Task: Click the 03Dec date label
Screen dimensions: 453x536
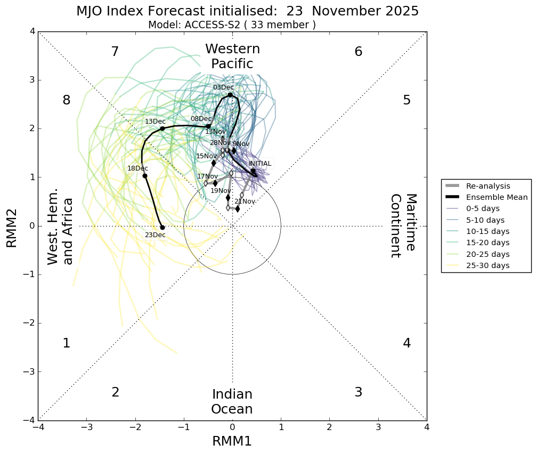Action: (x=223, y=87)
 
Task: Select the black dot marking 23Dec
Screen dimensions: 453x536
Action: (x=163, y=228)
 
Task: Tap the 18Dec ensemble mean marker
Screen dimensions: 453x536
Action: (x=145, y=176)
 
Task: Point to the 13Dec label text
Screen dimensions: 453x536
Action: (x=155, y=122)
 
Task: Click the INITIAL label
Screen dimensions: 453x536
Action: (x=260, y=164)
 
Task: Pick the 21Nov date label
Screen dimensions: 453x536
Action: (x=245, y=201)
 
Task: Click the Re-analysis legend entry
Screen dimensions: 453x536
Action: (x=488, y=186)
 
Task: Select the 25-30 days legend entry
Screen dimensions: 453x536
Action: (x=488, y=265)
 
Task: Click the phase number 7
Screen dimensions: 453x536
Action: (x=115, y=52)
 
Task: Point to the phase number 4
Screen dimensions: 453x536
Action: (x=407, y=343)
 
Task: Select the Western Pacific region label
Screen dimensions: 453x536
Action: (x=232, y=56)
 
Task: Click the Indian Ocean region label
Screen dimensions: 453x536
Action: (x=232, y=402)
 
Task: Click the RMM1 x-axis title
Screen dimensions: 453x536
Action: (x=232, y=441)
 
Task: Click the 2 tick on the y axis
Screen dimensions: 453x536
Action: (x=32, y=128)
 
